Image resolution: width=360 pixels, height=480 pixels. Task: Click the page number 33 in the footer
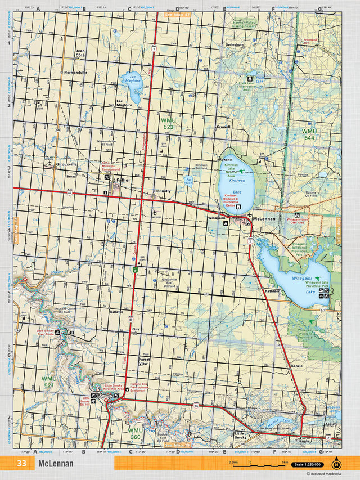point(21,464)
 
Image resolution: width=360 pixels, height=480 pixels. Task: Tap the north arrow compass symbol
point(337,464)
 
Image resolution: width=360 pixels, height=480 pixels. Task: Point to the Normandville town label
point(76,73)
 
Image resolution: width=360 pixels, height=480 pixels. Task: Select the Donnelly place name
point(162,191)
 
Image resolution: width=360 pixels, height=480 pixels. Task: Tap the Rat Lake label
point(189,182)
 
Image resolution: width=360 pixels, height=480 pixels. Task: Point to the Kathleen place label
point(273,291)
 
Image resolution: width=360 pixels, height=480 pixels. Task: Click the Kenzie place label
point(298,366)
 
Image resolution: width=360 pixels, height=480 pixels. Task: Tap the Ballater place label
point(116,311)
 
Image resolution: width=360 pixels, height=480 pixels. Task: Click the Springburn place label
point(234,44)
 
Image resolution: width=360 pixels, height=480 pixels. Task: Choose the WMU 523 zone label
point(168,124)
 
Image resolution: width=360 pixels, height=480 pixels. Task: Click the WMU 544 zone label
point(309,134)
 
